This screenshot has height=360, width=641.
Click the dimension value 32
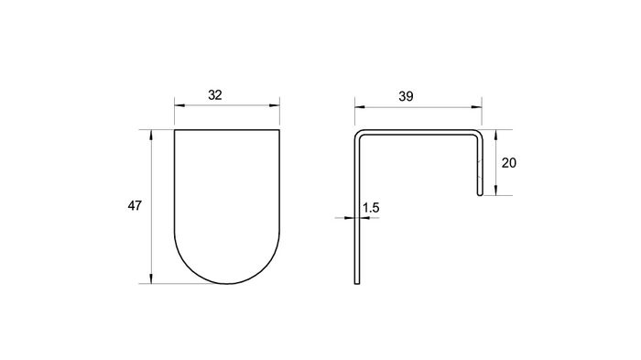click(x=215, y=95)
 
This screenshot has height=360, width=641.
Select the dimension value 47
click(x=135, y=205)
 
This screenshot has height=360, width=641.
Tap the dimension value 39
click(x=406, y=96)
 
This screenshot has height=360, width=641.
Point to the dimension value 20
click(x=509, y=163)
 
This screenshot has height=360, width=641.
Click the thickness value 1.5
click(x=371, y=208)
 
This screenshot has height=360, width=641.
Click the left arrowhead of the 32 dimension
click(x=179, y=105)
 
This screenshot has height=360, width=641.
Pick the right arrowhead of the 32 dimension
click(x=275, y=105)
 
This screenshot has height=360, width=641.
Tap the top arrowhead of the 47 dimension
click(x=152, y=136)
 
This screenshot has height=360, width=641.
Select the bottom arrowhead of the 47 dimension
click(x=152, y=278)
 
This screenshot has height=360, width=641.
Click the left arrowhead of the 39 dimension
click(x=360, y=107)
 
